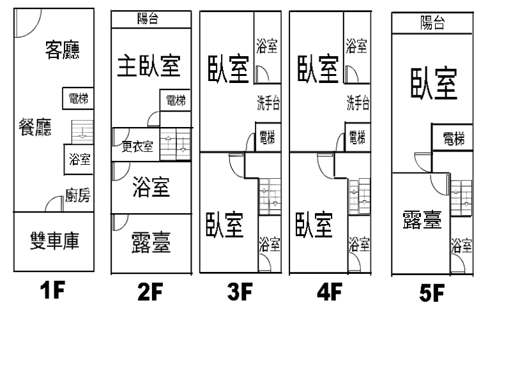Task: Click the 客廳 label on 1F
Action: click(63, 49)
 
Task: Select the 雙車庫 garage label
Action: click(54, 242)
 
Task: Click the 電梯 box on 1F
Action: click(78, 99)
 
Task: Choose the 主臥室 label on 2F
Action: click(149, 66)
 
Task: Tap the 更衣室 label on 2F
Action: click(137, 147)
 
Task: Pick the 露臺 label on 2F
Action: click(151, 242)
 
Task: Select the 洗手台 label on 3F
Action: click(268, 102)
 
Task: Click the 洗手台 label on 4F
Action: click(358, 102)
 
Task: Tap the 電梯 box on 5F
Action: click(453, 139)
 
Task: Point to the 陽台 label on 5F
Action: click(432, 24)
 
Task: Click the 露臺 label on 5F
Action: click(422, 221)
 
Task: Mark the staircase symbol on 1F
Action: click(82, 130)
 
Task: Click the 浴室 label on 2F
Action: click(151, 188)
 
